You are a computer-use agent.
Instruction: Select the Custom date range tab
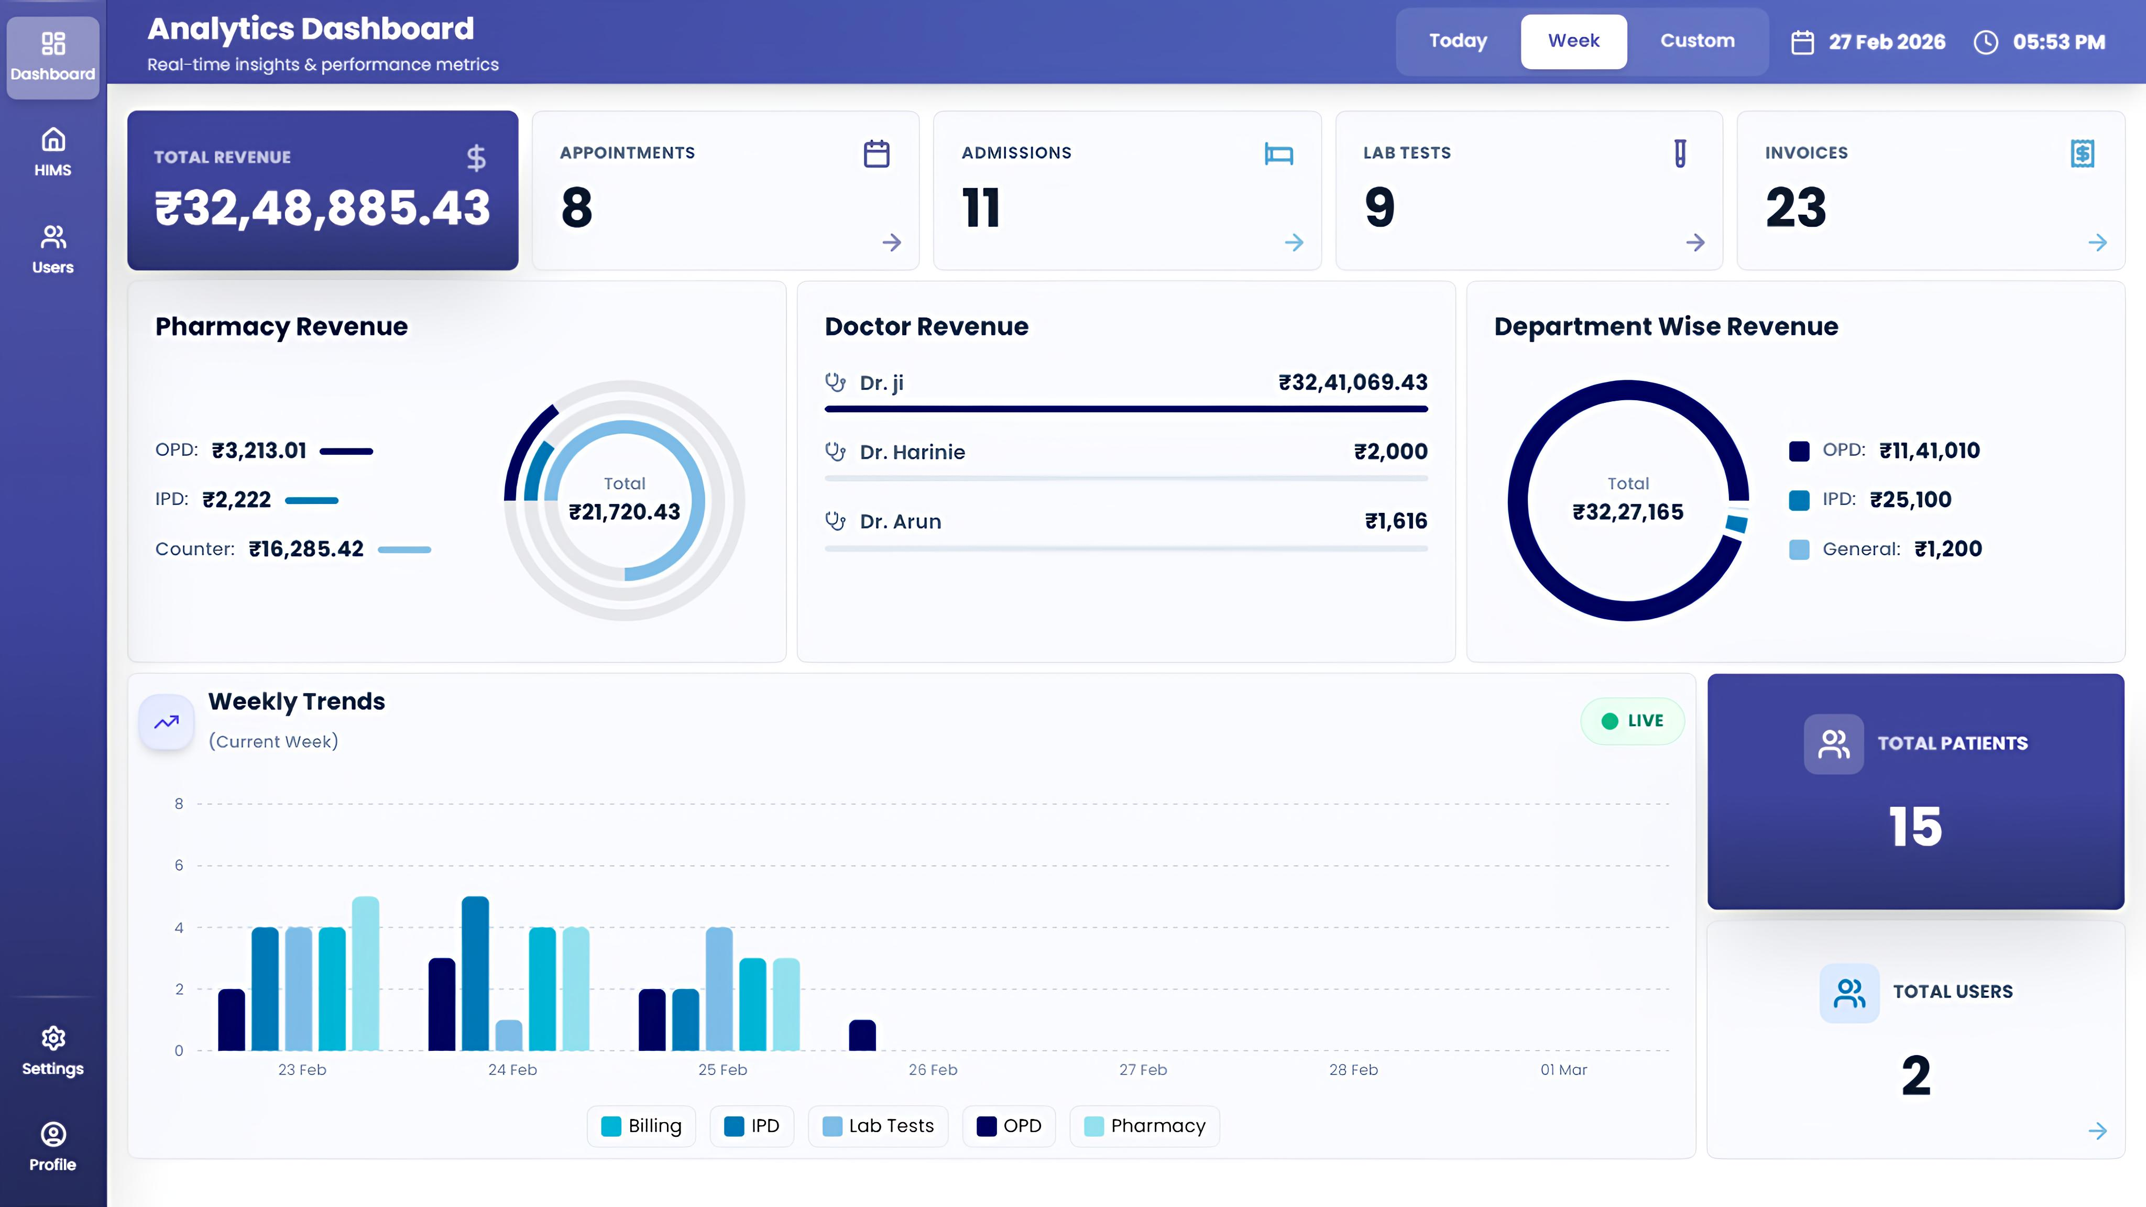pos(1697,41)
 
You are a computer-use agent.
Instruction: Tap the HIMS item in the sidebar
pos(52,152)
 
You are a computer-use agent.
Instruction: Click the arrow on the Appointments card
pos(891,243)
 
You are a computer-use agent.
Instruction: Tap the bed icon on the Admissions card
pos(1278,154)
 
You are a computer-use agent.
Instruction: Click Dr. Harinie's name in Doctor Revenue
pos(912,452)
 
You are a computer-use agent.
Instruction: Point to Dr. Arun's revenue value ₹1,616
pos(1395,521)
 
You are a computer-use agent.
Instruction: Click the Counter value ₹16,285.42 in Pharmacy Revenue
pos(306,549)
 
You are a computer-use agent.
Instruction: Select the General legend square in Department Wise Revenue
pos(1799,550)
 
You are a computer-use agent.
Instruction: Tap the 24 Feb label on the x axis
pos(512,1070)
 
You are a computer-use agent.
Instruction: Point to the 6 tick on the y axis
pos(178,865)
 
